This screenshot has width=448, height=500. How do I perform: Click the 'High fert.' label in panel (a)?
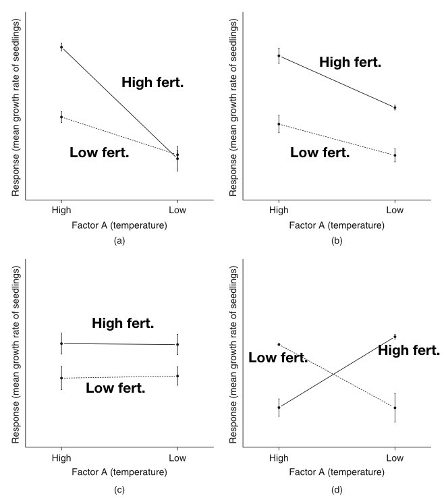coord(152,82)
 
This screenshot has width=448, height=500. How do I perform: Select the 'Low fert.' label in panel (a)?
coord(99,153)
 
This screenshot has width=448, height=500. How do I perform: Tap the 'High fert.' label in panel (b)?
coord(350,63)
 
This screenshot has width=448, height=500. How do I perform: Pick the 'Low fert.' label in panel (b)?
coord(320,153)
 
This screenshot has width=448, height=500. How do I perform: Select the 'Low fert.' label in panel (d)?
coord(278,358)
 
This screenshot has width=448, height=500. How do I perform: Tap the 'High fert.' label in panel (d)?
coord(408,350)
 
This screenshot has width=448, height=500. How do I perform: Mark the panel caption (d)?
coord(337,489)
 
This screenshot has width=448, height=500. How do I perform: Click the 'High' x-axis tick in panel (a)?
coord(61,210)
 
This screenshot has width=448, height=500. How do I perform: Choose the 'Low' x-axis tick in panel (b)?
coord(395,210)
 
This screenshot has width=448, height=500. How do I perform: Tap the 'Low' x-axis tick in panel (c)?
coord(177,457)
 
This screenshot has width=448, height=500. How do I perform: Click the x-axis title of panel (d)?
coord(337,472)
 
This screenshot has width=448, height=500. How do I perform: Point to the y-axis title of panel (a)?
coord(16,108)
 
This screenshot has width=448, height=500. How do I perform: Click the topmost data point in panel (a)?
coord(61,47)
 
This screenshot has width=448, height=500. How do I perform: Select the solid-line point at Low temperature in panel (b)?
coord(395,107)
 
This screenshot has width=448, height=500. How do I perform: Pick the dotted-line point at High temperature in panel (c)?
coord(61,378)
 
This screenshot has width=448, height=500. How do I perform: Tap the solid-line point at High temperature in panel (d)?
coord(279,407)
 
